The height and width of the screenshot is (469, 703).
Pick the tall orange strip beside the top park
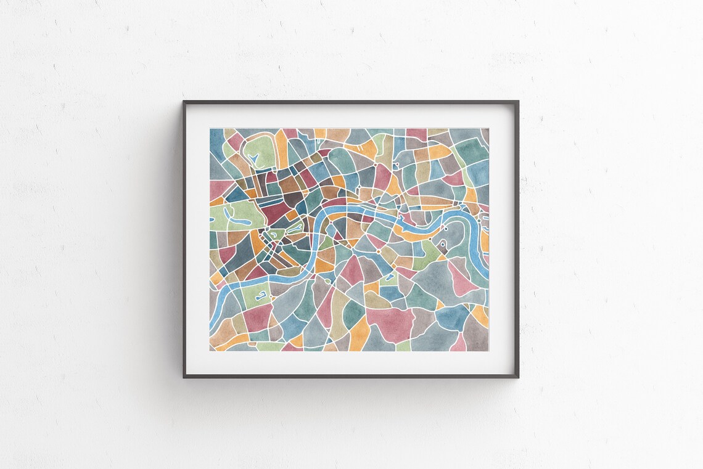click(281, 150)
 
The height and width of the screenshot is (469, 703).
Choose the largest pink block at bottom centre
click(391, 324)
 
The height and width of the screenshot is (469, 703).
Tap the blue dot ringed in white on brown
click(442, 243)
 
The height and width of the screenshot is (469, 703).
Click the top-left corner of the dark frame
click(184, 102)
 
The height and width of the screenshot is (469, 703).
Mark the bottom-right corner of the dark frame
click(517, 376)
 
